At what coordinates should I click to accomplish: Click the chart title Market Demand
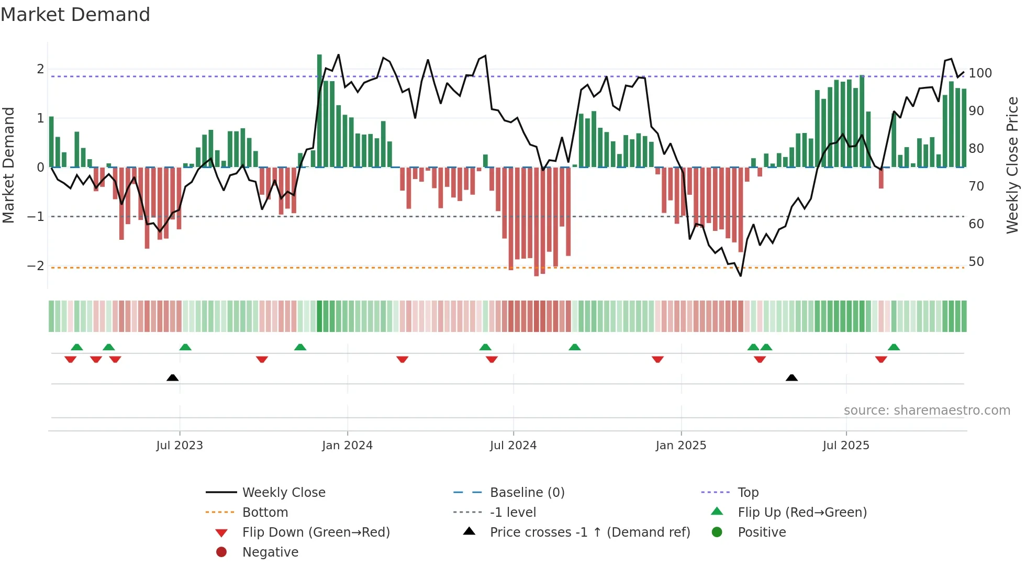coord(75,15)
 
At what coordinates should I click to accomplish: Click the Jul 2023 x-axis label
coord(179,446)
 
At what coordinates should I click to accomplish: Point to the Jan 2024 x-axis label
coord(347,446)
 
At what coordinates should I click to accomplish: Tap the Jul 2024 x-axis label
coord(513,446)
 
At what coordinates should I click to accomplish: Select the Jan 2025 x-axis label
coord(681,446)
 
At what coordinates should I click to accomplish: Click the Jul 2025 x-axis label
coord(845,446)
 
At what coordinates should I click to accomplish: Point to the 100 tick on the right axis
coord(980,73)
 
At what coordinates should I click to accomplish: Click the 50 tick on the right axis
coord(976,262)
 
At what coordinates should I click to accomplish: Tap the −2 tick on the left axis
coord(36,266)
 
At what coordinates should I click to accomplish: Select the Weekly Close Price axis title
coord(1012,165)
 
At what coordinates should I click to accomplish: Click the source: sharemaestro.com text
coord(927,410)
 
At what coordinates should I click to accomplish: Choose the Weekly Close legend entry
coord(283,493)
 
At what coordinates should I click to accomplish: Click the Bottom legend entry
coord(265,513)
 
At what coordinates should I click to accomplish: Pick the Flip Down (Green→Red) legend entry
coord(316,532)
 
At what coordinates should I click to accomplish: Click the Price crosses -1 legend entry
coord(589,532)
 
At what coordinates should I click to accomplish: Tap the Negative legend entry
coord(270,552)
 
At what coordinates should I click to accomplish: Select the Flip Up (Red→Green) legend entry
coord(802,513)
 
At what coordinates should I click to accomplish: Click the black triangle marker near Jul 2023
coord(172,378)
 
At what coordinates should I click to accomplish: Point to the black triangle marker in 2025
coord(791,378)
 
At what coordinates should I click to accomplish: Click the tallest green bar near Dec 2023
coord(319,110)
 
